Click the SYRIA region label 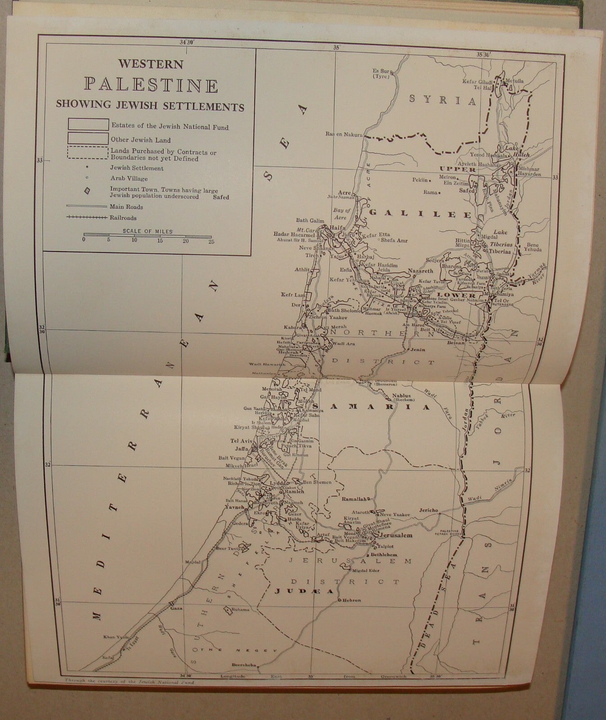(442, 100)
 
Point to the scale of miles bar (147, 234)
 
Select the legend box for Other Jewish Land (88, 139)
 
